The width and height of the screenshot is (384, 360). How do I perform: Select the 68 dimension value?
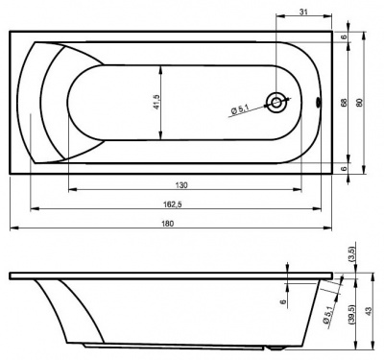pyautogui.click(x=343, y=102)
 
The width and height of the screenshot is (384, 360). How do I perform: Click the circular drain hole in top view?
pyautogui.click(x=278, y=102)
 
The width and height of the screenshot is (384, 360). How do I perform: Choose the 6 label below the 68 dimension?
pyautogui.click(x=343, y=168)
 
